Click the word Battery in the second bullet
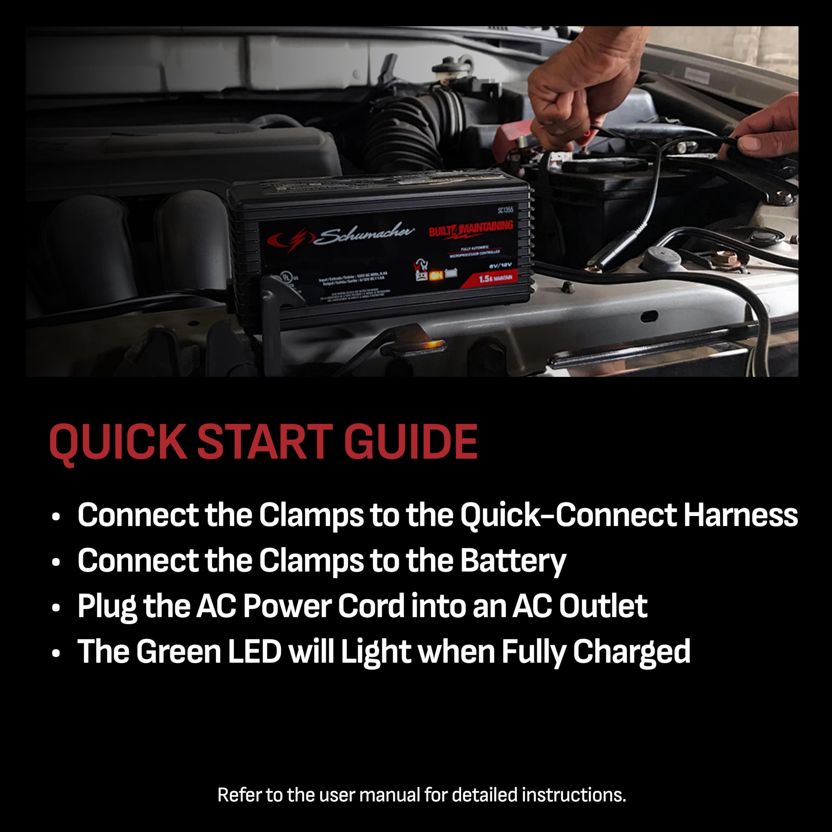tap(513, 562)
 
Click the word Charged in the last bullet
tap(631, 652)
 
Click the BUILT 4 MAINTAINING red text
tap(471, 229)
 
